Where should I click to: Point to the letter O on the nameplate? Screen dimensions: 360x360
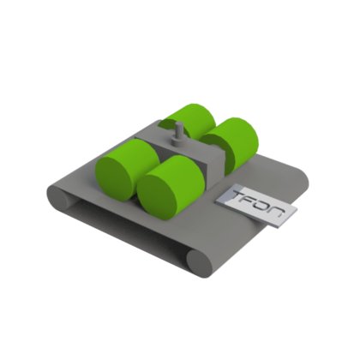click(x=262, y=206)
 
